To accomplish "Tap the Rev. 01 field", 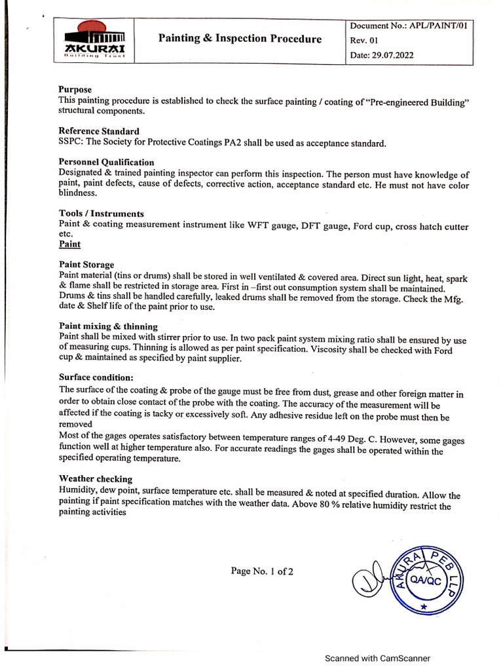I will click(365, 41).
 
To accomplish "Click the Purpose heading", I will click(75, 90).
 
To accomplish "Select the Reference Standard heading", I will click(99, 132).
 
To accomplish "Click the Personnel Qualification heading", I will click(107, 163).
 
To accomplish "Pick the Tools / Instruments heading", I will click(102, 214).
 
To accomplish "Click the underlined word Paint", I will click(69, 244).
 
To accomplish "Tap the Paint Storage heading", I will click(86, 265).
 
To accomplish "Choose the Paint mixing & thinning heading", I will click(108, 326).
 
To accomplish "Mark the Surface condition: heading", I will click(96, 377).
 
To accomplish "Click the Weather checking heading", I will click(96, 479).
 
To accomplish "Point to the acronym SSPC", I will click(70, 143).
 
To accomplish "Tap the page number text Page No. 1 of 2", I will click(262, 571).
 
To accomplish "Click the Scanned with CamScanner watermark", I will click(379, 659).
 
